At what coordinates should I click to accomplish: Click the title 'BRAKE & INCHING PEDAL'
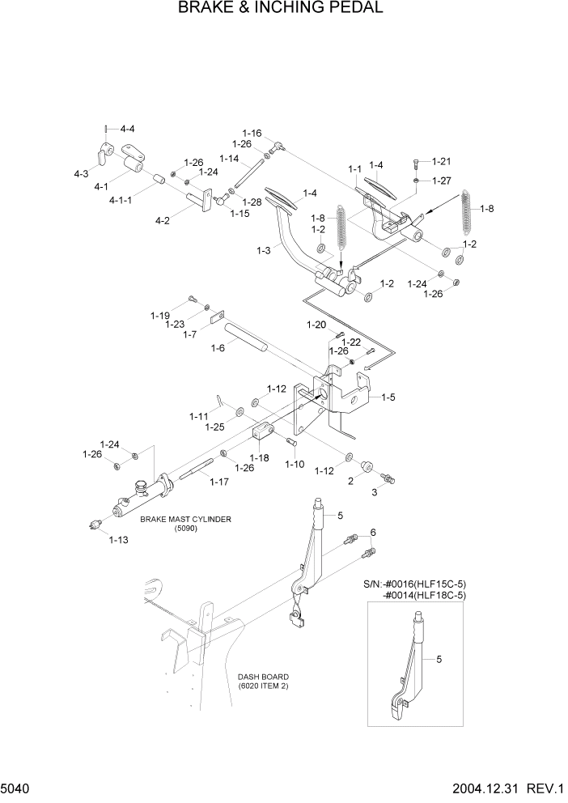283,9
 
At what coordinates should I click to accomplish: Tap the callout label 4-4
128,129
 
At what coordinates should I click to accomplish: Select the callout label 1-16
252,133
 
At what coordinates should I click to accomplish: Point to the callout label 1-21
442,162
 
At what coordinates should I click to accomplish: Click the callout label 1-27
442,181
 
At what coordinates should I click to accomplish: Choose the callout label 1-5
388,397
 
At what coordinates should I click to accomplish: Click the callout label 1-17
220,482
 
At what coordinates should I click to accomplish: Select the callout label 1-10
295,465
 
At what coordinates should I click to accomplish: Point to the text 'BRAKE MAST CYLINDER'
185,519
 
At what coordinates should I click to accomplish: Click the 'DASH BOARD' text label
263,676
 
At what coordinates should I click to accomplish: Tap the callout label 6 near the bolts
373,532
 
